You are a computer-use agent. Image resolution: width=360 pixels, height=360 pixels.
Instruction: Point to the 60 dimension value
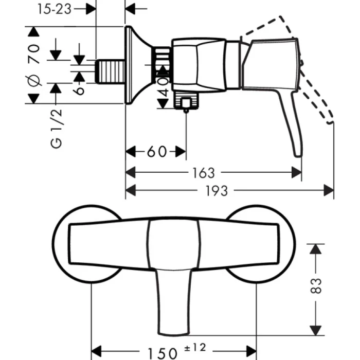pyautogui.click(x=156, y=152)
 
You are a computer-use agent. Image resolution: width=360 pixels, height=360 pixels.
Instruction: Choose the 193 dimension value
pyautogui.click(x=217, y=191)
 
